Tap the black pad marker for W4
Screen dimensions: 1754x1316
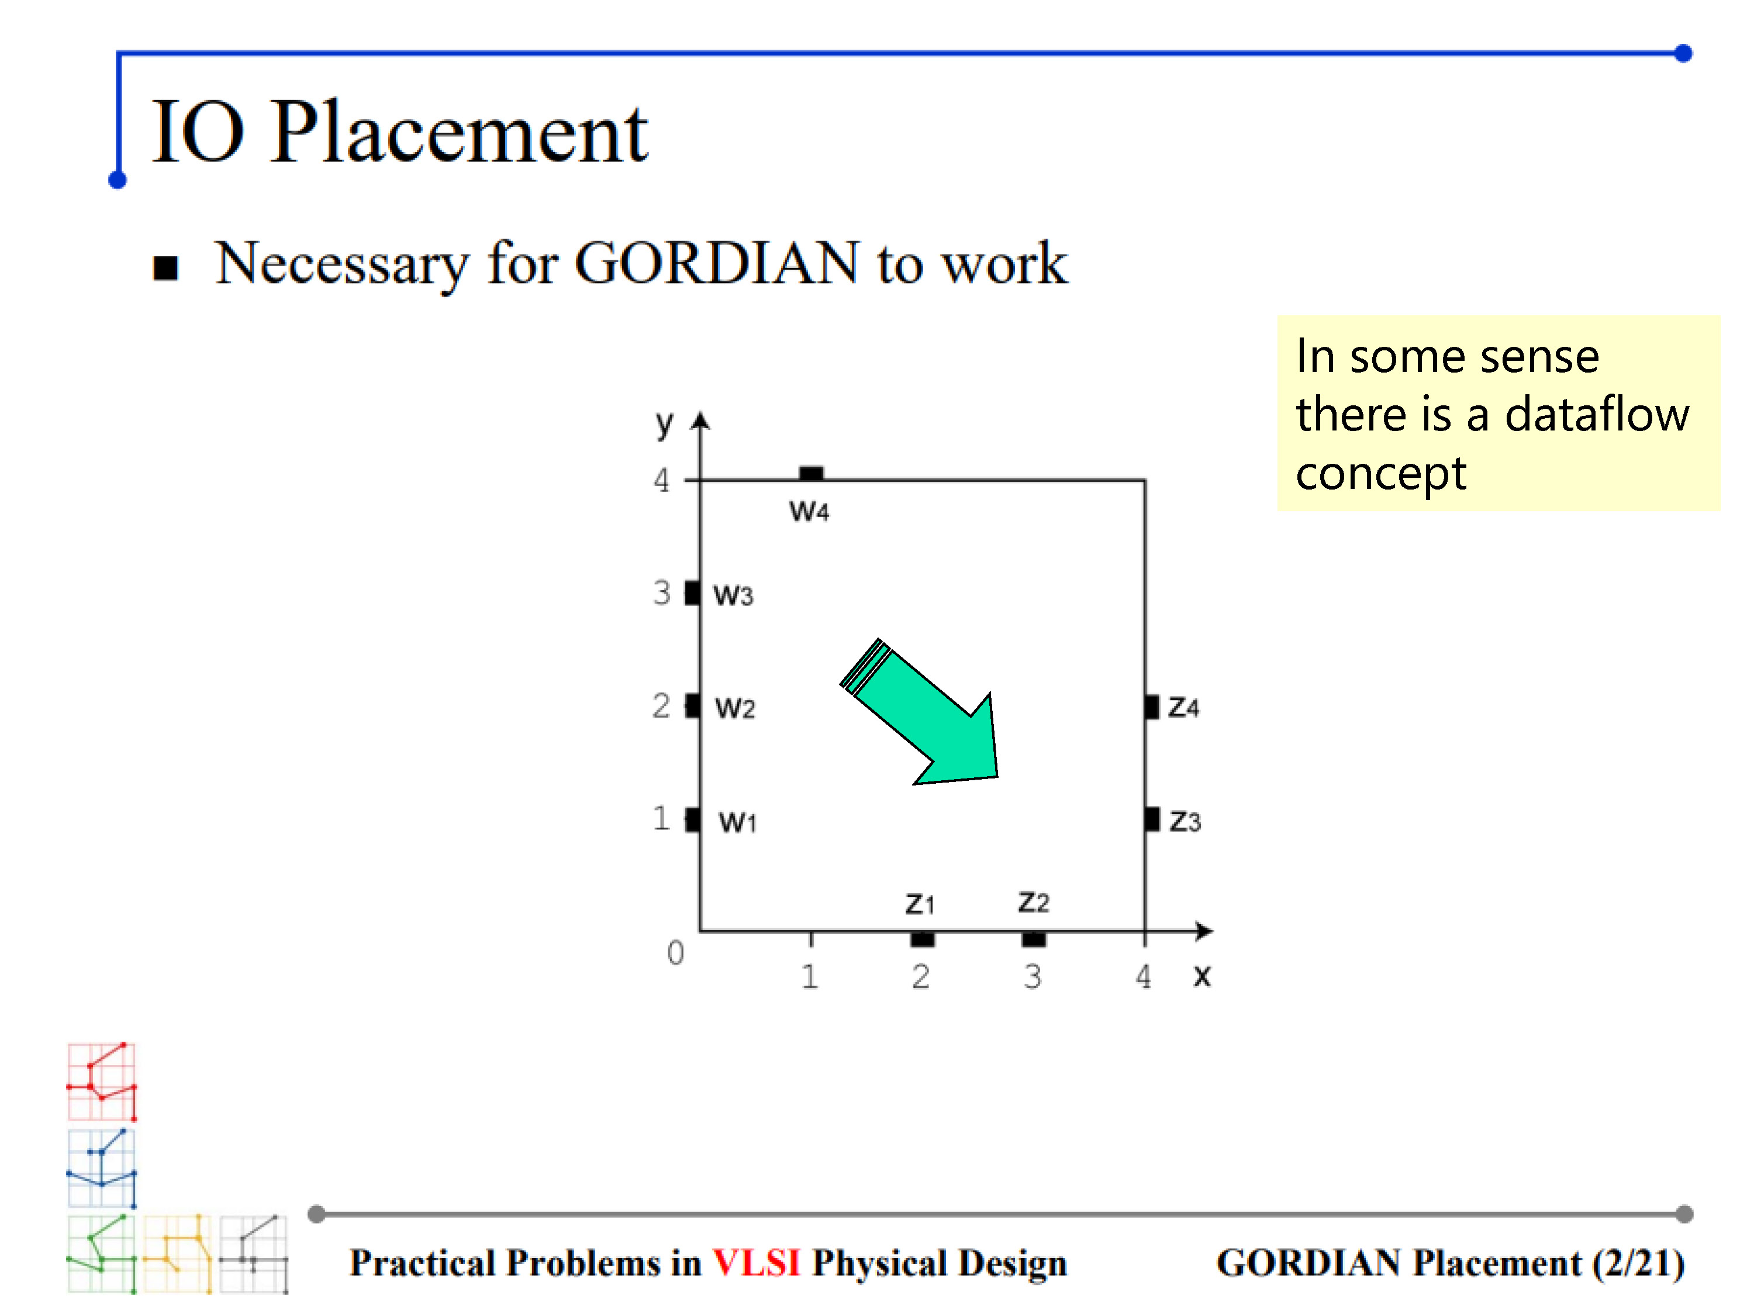pyautogui.click(x=811, y=474)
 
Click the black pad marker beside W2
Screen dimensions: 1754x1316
pyautogui.click(x=693, y=705)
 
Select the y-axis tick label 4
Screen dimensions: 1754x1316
pyautogui.click(x=661, y=480)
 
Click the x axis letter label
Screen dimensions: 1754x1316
pyautogui.click(x=1203, y=976)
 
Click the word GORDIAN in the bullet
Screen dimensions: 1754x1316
pyautogui.click(x=717, y=262)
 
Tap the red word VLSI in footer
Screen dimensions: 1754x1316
pyautogui.click(x=757, y=1263)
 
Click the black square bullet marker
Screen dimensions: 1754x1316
pyautogui.click(x=165, y=268)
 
